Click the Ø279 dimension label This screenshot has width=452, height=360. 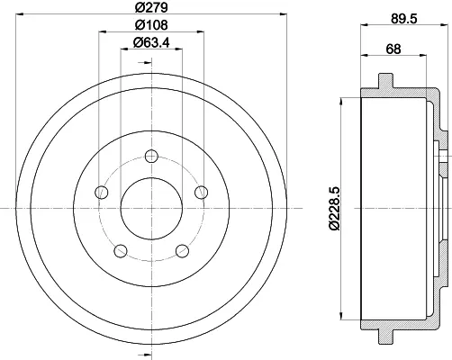click(x=151, y=7)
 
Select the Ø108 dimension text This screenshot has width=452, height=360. click(x=151, y=25)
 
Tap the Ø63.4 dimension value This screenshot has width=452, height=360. click(x=151, y=42)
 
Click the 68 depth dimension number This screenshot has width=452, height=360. click(x=393, y=49)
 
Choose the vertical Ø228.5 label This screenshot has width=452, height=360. click(x=334, y=208)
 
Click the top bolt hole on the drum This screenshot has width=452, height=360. click(x=151, y=156)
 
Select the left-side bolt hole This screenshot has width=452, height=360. click(x=101, y=193)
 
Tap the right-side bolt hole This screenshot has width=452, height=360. click(x=202, y=193)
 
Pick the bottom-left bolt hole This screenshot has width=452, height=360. click(x=121, y=251)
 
